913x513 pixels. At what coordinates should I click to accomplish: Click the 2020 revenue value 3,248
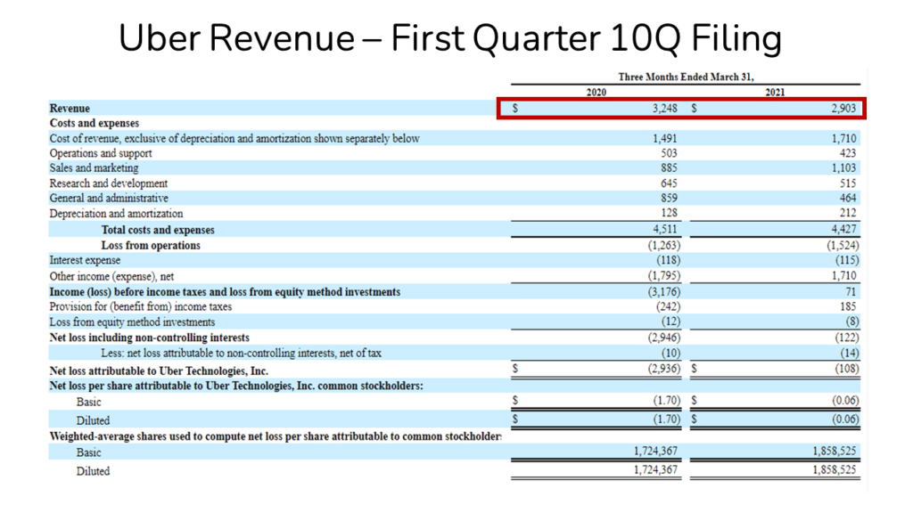point(664,108)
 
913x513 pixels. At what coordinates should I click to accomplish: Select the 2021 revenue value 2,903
point(843,108)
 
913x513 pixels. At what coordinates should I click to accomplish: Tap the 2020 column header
point(596,93)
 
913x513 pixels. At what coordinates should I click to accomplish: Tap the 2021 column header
point(776,93)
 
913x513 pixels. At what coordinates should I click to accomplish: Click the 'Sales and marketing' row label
point(95,168)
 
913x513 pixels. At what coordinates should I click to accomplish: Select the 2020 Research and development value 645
point(669,183)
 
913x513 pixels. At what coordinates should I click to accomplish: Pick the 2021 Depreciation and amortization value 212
point(848,214)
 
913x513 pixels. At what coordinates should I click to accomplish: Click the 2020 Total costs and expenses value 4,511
point(665,229)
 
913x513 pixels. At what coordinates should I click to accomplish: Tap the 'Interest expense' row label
point(86,261)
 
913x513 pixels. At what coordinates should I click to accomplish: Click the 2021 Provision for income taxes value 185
point(848,306)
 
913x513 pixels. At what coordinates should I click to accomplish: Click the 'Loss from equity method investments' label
point(132,322)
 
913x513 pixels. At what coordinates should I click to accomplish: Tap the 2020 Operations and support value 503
point(669,153)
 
